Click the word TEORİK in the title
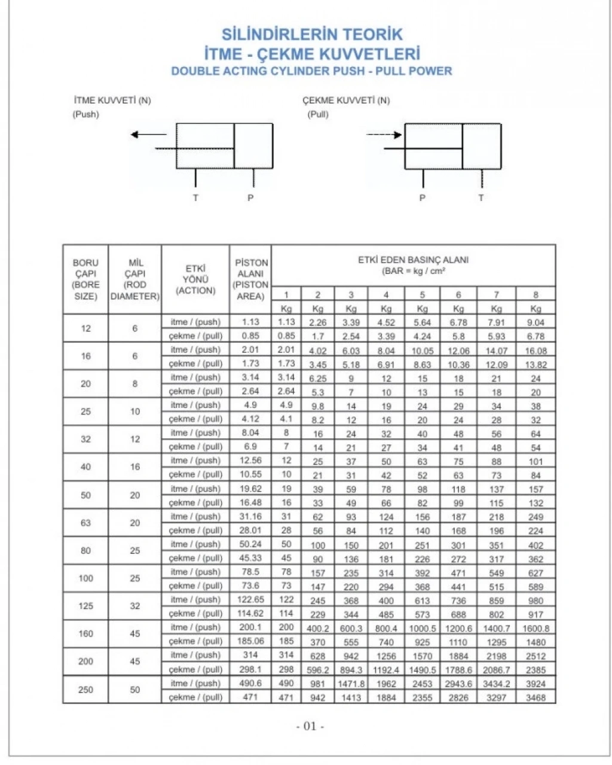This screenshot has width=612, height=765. coord(372,34)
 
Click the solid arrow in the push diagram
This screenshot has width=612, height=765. coord(149,135)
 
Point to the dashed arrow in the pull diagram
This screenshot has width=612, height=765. coord(384,135)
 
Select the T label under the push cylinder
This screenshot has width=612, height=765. coord(195,197)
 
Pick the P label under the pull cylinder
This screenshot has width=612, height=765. coord(423,197)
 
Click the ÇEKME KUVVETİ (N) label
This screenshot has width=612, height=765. coord(346,100)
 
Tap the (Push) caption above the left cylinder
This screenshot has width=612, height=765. coord(85,114)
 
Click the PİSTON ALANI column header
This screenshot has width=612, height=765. coord(251,279)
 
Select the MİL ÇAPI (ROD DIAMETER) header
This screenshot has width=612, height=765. coord(135,279)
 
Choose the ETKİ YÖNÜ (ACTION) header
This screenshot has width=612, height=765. coord(195,279)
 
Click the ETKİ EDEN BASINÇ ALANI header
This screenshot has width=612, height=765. coord(413,265)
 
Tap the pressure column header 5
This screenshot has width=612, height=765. coord(422,294)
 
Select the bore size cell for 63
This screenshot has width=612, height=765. coord(85,523)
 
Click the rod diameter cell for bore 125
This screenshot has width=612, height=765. coord(135,606)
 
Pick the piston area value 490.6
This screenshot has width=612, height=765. coord(250,683)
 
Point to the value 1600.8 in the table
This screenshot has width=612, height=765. coord(535,628)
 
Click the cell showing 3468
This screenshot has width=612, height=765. coord(535,697)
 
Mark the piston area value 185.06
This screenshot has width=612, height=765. coord(250,641)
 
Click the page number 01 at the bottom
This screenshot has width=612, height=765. coord(310,726)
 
